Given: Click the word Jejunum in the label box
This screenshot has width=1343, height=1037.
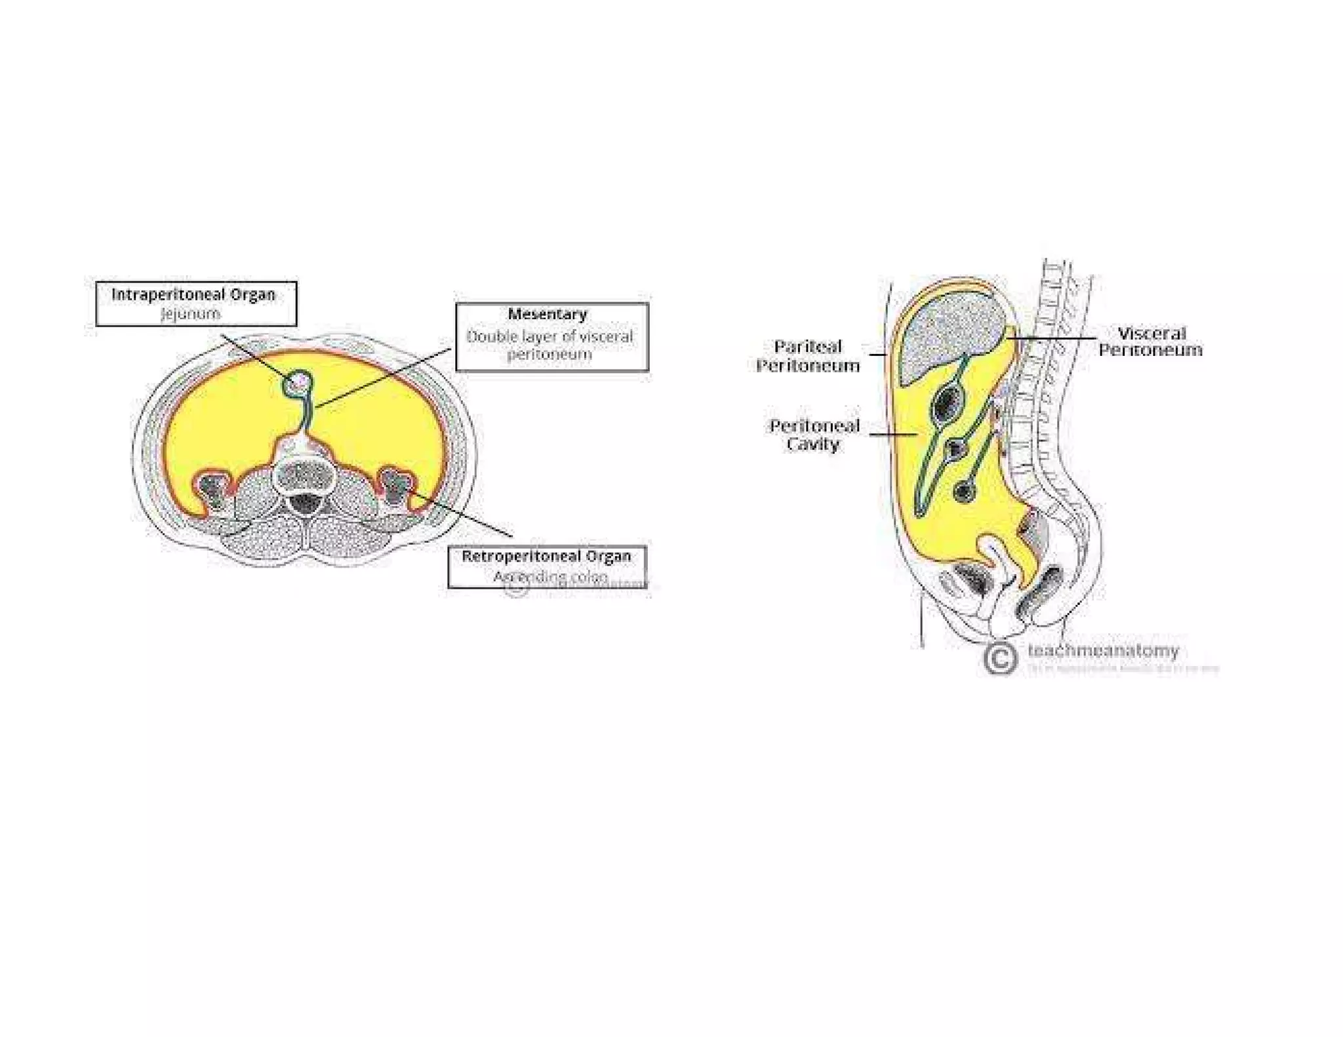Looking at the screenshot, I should tap(191, 314).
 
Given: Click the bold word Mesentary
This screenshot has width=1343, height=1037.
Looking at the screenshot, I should tap(548, 315).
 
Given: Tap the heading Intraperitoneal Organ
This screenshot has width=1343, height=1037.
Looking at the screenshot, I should tap(193, 295).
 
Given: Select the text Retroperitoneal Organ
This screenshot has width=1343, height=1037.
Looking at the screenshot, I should tap(546, 557).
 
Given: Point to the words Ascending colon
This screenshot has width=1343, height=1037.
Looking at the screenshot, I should tap(550, 577).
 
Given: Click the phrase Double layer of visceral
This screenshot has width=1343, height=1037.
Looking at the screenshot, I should tap(550, 337).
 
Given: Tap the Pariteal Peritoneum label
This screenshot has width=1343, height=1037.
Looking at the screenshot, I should tap(808, 356).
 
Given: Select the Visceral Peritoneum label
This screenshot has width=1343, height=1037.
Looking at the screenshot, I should tap(1151, 342).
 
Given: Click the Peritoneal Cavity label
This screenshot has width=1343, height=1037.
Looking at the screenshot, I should tap(814, 435).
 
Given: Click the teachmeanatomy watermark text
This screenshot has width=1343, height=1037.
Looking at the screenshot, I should tap(1103, 650).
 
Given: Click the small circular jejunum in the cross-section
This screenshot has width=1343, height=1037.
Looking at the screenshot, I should tap(298, 382).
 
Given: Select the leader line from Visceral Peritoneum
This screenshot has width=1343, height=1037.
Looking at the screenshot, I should tap(1056, 338).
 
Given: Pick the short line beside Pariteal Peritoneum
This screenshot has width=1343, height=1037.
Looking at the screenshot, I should tap(877, 355).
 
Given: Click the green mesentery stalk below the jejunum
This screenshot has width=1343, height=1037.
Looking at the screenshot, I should tap(305, 413).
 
